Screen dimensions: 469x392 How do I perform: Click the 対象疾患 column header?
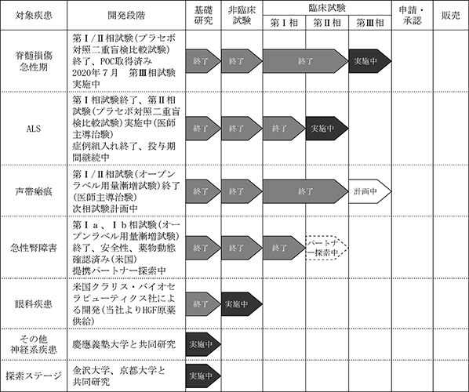34,15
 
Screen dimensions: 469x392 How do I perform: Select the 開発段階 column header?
126,15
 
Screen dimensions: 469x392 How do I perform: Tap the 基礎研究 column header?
203,15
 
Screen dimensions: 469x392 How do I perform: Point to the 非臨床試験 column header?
242,15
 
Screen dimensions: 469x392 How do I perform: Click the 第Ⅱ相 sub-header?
327,23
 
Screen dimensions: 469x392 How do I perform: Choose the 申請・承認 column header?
413,15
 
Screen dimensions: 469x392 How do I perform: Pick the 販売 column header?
451,15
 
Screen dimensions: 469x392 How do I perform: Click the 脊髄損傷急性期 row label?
34,61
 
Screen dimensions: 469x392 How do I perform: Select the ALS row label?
34,129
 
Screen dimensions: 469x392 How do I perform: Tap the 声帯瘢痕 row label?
34,191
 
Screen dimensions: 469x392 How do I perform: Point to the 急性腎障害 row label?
34,248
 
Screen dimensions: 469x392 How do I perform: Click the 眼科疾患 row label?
34,304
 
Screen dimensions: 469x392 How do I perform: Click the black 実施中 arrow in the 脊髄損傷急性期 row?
369,61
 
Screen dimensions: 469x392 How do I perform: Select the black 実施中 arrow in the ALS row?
327,129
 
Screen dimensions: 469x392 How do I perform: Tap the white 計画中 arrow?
369,191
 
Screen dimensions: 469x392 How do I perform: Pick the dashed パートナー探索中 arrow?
327,248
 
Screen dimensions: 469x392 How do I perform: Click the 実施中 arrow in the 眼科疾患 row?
242,304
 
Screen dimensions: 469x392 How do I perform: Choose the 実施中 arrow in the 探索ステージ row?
203,376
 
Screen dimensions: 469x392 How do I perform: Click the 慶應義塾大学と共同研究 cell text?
124,344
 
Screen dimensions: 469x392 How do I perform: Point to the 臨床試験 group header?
327,8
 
